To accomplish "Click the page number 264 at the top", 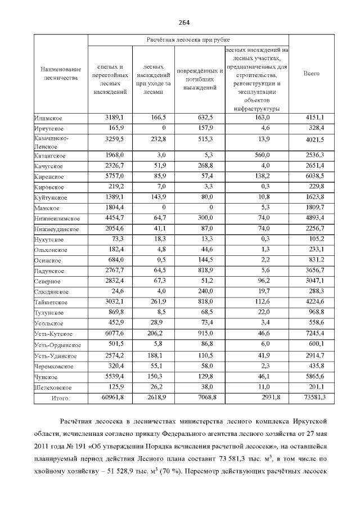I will pos(184,22).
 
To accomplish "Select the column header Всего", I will pos(311,74).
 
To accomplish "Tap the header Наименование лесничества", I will pos(60,74).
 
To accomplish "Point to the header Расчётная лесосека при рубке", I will pos(187,40).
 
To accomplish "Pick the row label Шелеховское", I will pos(52,388).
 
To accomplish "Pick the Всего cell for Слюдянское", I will pos(314,292).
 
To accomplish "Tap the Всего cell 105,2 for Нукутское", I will pos(314,239).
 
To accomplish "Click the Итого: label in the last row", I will pos(60,398).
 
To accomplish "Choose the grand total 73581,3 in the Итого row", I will pos(312,398).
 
